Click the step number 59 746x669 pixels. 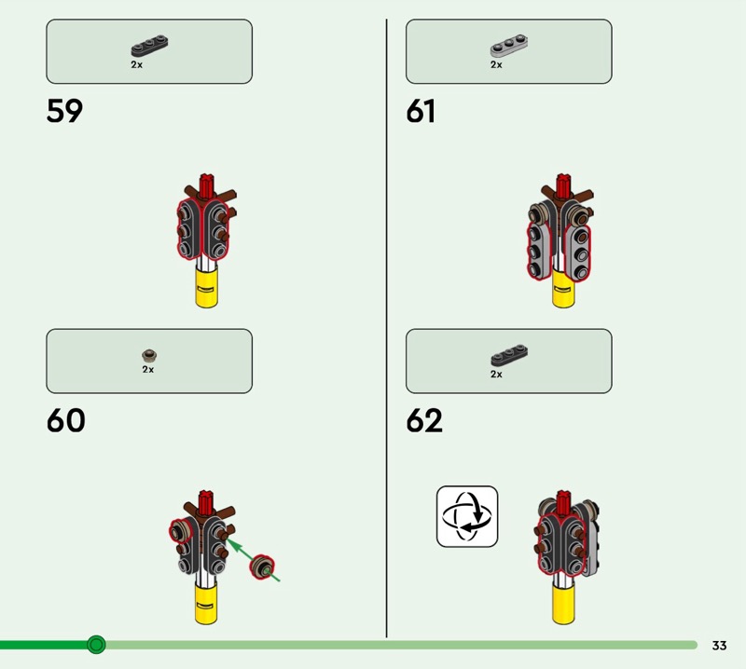[64, 112]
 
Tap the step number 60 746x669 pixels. [65, 421]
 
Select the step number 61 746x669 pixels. [421, 112]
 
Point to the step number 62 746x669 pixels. [424, 421]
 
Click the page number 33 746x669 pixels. [719, 646]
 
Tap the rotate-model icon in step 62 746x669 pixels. [467, 516]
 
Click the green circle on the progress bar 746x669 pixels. [96, 645]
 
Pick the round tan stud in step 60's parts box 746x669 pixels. [148, 354]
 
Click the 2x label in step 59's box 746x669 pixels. [136, 65]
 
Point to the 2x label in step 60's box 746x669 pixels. [147, 369]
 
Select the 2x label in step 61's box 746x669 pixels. [496, 65]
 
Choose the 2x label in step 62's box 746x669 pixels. [496, 375]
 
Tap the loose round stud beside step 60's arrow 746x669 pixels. [264, 567]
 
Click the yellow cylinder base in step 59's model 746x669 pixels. [207, 289]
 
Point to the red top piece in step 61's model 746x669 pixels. [562, 184]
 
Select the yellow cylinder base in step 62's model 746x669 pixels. [565, 606]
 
